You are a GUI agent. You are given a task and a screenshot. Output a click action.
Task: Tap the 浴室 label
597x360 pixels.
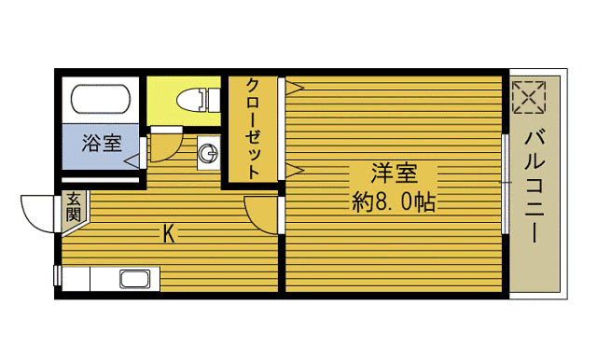click(101, 144)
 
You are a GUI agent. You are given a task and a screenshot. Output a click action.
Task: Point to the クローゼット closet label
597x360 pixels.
click(253, 128)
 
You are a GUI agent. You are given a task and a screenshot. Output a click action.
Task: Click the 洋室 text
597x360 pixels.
click(393, 173)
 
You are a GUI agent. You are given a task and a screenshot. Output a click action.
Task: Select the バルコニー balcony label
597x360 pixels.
click(535, 187)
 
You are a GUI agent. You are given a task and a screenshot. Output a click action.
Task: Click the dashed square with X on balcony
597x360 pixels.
click(529, 97)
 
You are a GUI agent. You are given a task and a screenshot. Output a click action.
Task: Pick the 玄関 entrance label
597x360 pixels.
click(73, 206)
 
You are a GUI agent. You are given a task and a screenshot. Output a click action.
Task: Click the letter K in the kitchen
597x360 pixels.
click(169, 233)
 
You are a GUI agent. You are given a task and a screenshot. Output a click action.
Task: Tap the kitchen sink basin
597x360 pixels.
click(134, 277)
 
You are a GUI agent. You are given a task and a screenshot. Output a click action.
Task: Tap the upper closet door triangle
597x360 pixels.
click(295, 89)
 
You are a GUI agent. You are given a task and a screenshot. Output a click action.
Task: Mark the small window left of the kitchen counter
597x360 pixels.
click(58, 276)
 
